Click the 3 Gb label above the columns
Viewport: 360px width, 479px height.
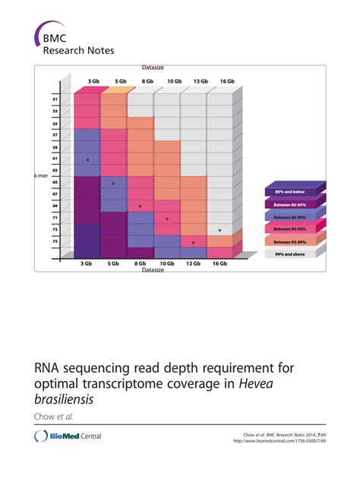(93, 81)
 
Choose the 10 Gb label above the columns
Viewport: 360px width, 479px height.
(174, 81)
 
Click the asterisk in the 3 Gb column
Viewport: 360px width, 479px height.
(87, 160)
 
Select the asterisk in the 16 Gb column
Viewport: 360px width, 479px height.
(219, 231)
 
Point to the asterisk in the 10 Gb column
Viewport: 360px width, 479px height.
(167, 219)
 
